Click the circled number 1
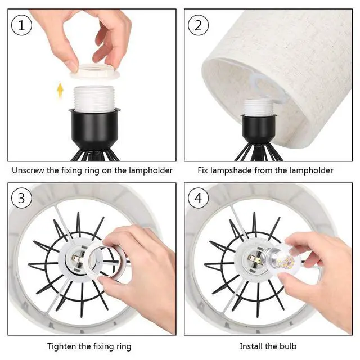tap(21, 25)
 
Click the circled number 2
tap(198, 25)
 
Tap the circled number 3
tap(21, 198)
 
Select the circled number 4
tap(198, 198)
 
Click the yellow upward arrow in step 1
tap(60, 90)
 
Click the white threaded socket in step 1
tap(93, 99)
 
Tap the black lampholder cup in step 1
tap(93, 129)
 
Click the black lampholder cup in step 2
tap(259, 129)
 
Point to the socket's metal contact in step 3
tap(76, 260)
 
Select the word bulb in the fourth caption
tap(288, 346)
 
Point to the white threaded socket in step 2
tap(258, 108)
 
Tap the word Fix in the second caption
tap(202, 170)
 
